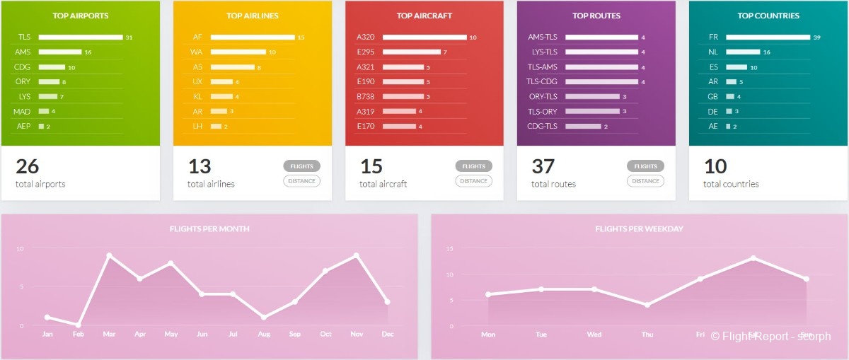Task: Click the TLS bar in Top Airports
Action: coord(80,37)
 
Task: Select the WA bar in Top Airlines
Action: coord(238,52)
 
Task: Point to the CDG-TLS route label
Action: coord(543,126)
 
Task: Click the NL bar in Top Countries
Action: coord(742,52)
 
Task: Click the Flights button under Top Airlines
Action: coord(301,166)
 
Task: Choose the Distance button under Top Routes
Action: coord(645,181)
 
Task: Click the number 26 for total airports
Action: coord(28,167)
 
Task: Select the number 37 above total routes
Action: coord(543,167)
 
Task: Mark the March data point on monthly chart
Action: coord(109,255)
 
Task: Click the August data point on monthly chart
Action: coord(264,317)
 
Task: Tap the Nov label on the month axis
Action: coord(356,334)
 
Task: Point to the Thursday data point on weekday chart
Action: coord(647,305)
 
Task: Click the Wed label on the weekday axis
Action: coord(594,334)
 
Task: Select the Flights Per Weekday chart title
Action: coord(639,229)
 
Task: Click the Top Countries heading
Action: coord(768,16)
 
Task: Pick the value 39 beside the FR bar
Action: coord(816,37)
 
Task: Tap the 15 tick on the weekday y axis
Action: coord(450,248)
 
